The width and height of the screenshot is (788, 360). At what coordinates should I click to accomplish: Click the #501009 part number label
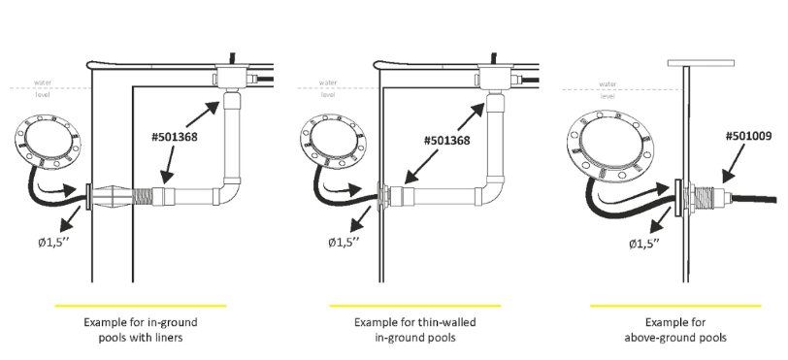click(748, 136)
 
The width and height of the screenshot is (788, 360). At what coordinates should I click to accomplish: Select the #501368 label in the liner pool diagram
click(175, 137)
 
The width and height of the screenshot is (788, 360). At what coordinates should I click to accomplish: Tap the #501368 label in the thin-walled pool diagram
click(446, 141)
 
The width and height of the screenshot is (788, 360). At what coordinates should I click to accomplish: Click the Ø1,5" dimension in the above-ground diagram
click(643, 244)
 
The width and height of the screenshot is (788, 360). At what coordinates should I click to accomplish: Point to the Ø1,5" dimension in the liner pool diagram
click(53, 243)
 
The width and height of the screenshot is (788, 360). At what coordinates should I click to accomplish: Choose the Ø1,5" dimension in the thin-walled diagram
click(344, 243)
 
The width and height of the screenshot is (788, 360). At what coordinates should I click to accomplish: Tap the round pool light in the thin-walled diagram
click(333, 142)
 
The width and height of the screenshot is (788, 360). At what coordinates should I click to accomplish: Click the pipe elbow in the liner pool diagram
click(228, 191)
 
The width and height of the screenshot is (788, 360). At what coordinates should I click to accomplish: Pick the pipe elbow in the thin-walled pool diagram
click(490, 191)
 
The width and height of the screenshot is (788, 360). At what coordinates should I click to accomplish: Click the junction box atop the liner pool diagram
click(231, 77)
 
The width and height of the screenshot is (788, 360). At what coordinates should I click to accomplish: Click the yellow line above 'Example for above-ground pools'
click(675, 306)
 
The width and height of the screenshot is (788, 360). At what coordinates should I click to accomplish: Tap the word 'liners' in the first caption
click(167, 338)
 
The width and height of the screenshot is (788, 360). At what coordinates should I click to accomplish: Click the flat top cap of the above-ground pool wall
click(701, 63)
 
